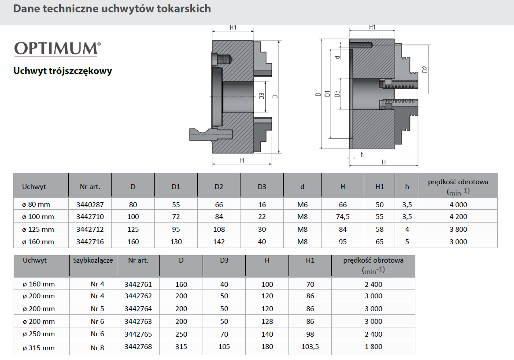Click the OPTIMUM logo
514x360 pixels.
click(x=57, y=49)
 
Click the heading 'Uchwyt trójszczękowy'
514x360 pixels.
click(x=63, y=71)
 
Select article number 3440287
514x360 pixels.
click(x=90, y=204)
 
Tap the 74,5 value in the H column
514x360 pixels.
click(x=343, y=217)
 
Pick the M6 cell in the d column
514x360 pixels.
click(x=302, y=204)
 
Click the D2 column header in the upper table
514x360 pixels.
click(x=219, y=186)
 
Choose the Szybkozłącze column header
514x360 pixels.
click(x=93, y=260)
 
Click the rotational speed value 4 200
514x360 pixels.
click(x=458, y=217)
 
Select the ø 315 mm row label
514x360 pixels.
click(x=39, y=348)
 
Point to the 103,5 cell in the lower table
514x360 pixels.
click(x=310, y=347)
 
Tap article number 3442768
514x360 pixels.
click(x=138, y=346)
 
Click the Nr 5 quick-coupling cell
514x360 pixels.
click(x=97, y=308)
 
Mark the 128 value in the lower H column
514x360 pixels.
click(x=267, y=322)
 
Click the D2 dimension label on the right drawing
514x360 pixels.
click(x=425, y=70)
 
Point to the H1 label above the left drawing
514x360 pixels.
click(x=233, y=28)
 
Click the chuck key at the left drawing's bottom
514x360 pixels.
click(x=211, y=134)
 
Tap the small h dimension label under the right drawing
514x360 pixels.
click(x=362, y=154)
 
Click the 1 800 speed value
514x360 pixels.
click(x=373, y=346)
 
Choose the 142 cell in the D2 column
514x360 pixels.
click(x=219, y=241)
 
